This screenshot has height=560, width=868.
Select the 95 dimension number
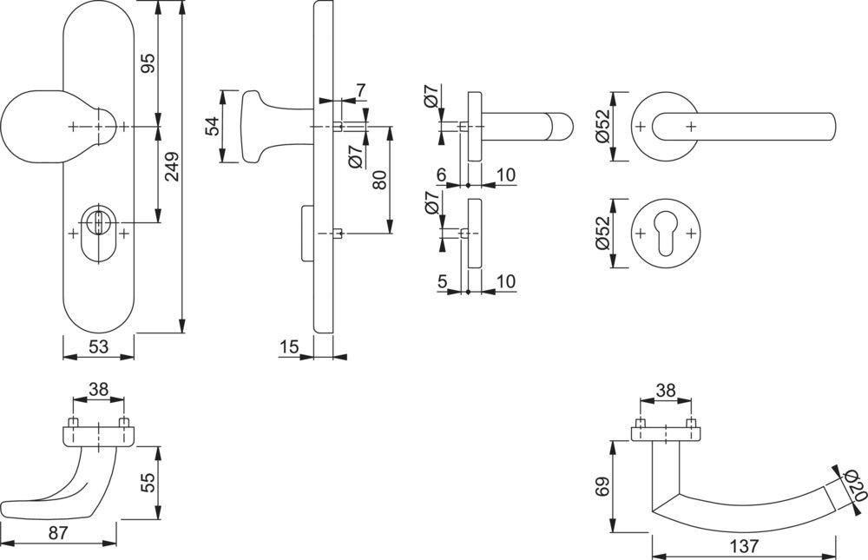pyautogui.click(x=148, y=63)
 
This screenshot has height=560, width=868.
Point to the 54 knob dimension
pyautogui.click(x=211, y=127)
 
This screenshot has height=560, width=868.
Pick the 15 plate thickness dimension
pyautogui.click(x=290, y=347)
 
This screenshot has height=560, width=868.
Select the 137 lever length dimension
pyautogui.click(x=745, y=547)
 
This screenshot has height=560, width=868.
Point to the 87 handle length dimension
pyautogui.click(x=58, y=534)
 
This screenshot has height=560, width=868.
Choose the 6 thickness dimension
pyautogui.click(x=442, y=175)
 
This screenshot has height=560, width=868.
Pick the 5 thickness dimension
pyautogui.click(x=442, y=281)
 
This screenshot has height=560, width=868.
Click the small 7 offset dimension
pyautogui.click(x=361, y=90)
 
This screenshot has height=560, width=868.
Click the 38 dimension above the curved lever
pyautogui.click(x=667, y=391)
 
